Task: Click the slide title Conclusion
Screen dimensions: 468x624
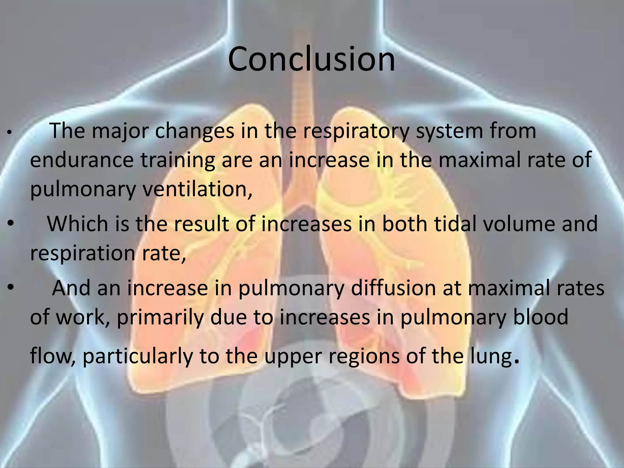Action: coord(311,59)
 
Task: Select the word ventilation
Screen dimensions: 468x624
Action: coord(197,189)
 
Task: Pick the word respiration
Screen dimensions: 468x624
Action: coord(83,253)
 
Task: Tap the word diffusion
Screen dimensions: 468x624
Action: coord(393,288)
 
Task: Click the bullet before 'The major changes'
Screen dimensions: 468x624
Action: coord(10,133)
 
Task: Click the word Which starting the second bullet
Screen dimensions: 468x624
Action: coord(77,224)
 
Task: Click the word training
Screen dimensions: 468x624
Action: coord(178,160)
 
